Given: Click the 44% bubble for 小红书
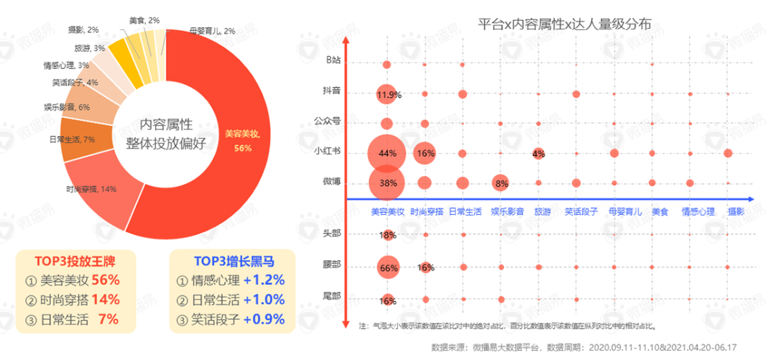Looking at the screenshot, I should [388, 153].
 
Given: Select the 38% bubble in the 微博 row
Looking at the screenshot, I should [388, 183].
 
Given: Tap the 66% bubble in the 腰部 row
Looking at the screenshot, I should [388, 268].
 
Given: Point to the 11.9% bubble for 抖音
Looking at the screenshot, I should [388, 94].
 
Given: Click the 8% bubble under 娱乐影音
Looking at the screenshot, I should [501, 183].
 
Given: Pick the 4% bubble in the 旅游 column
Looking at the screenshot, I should [538, 153].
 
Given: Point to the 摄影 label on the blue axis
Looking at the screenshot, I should [736, 212].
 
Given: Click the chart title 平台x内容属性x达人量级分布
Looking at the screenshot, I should [565, 24].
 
